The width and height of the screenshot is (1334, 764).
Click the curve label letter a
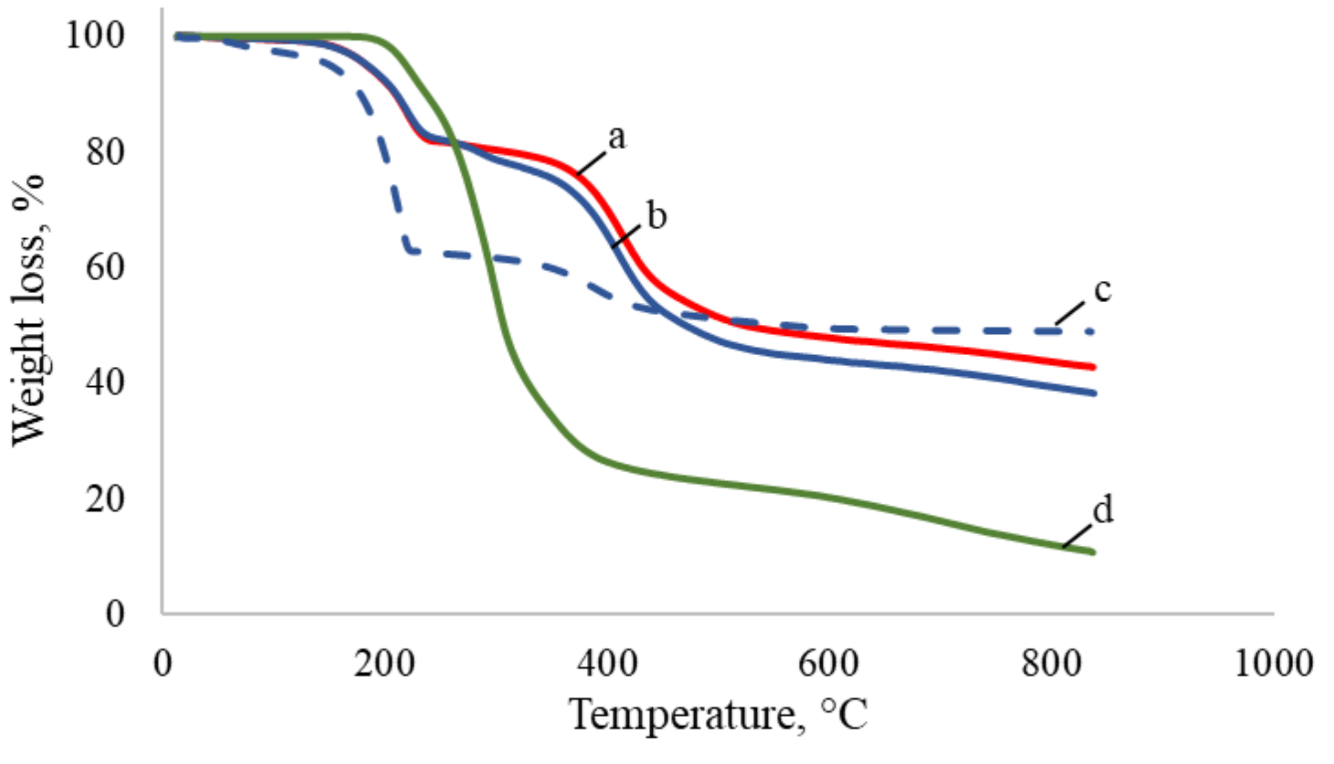[616, 138]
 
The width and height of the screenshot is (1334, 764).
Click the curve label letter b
[656, 217]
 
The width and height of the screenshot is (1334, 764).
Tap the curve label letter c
[1102, 290]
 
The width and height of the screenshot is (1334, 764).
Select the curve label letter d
[1102, 509]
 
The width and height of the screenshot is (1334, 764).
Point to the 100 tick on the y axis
[94, 35]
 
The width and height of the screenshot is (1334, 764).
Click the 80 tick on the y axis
[105, 152]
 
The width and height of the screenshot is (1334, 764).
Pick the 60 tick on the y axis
[105, 267]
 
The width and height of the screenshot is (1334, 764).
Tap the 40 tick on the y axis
[105, 383]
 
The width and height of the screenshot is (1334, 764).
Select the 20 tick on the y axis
[105, 498]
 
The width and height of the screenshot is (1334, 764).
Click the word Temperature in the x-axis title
[683, 714]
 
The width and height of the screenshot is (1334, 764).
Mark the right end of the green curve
[1094, 553]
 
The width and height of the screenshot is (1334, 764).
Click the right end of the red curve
[1094, 367]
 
